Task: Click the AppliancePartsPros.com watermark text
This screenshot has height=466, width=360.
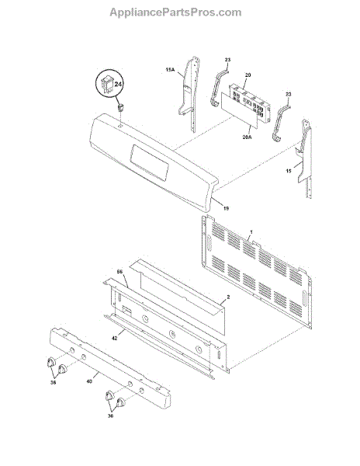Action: (x=175, y=12)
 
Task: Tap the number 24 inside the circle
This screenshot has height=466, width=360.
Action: (x=118, y=84)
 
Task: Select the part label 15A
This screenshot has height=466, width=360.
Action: (x=170, y=70)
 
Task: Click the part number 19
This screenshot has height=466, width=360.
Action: (x=226, y=209)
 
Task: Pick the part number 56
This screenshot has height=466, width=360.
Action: (x=120, y=272)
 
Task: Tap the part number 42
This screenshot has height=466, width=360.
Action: (x=115, y=338)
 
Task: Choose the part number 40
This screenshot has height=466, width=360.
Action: (x=89, y=381)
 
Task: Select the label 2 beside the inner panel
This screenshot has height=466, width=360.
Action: (x=228, y=297)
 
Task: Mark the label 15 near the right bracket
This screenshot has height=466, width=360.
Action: (x=289, y=171)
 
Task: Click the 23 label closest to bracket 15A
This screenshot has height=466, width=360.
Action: (x=227, y=60)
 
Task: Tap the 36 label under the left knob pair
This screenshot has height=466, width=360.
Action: (x=53, y=382)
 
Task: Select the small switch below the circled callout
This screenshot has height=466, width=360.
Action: (x=120, y=107)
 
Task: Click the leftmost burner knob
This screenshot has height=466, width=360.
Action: (x=51, y=362)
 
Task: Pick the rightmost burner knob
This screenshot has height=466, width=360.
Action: (x=120, y=402)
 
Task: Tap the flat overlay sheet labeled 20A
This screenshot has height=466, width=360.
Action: (x=239, y=110)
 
